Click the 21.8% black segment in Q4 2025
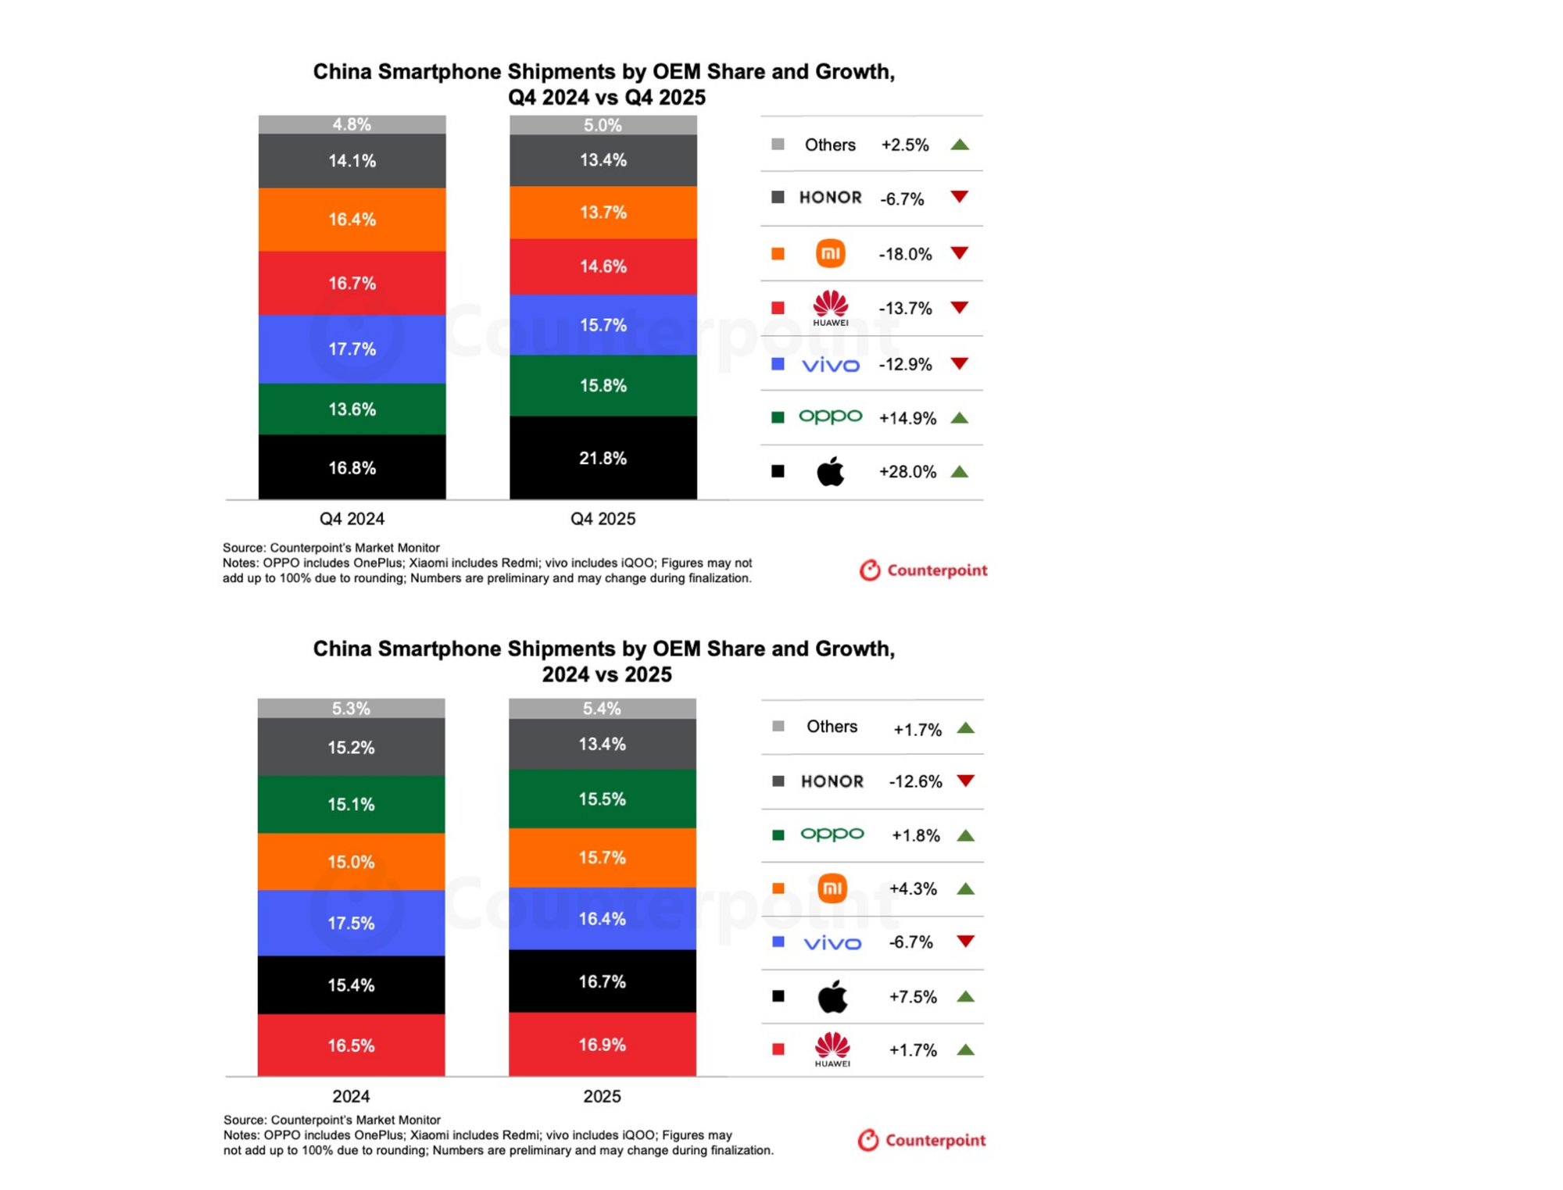click(603, 458)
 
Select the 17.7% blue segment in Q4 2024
click(352, 348)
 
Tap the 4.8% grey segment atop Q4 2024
click(352, 124)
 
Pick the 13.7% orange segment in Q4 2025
click(603, 213)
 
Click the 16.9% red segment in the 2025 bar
click(602, 1045)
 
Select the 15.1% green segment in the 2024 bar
click(351, 804)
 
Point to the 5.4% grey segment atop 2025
click(602, 709)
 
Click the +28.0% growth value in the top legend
click(907, 472)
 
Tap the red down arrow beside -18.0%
click(960, 253)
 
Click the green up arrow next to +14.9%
click(960, 418)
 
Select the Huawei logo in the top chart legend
click(830, 308)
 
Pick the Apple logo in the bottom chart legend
click(832, 996)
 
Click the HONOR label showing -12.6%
click(832, 781)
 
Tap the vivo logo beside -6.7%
click(832, 943)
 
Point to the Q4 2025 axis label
click(603, 519)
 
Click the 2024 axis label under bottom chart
click(351, 1096)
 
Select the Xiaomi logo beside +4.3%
click(832, 888)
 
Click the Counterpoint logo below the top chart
click(923, 570)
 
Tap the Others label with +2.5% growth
click(830, 145)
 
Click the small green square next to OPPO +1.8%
click(778, 835)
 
